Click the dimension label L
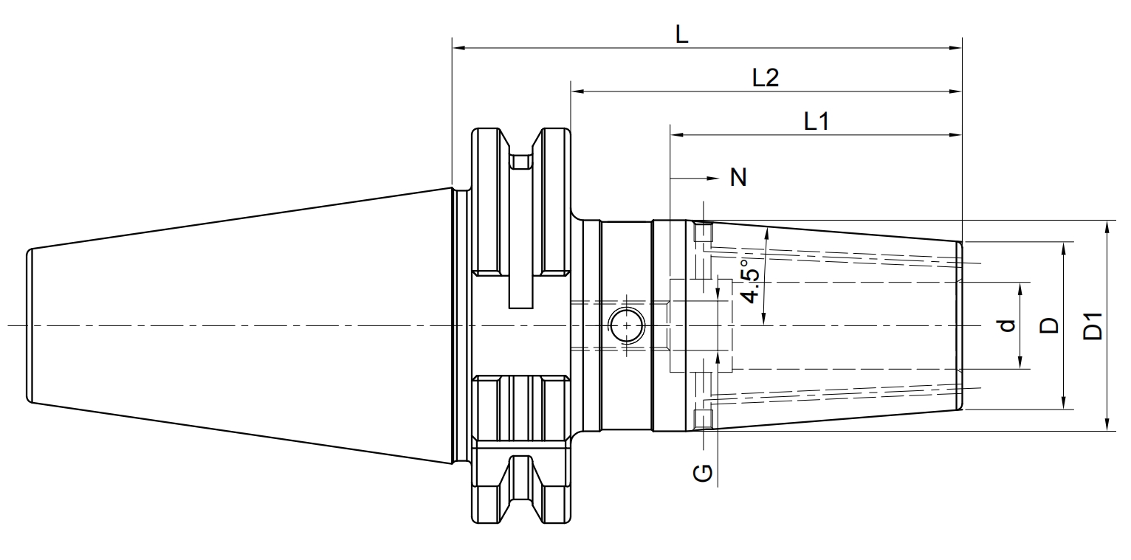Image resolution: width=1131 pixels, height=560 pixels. [x=681, y=35]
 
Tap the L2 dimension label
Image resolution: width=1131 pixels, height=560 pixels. [x=766, y=77]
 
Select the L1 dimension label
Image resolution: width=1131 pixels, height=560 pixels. [x=817, y=122]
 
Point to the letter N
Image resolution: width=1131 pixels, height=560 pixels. [x=738, y=178]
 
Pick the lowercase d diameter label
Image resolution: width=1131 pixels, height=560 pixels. [x=1007, y=325]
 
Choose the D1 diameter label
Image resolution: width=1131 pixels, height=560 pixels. [x=1093, y=326]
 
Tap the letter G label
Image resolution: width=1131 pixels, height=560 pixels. [x=703, y=473]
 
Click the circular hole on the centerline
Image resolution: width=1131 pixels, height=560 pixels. [x=626, y=326]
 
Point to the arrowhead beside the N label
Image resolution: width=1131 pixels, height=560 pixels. [x=712, y=178]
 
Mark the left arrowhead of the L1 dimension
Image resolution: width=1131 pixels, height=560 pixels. [x=677, y=135]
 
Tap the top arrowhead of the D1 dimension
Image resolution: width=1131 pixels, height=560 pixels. [x=1107, y=227]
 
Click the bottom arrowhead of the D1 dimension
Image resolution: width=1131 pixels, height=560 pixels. [x=1107, y=424]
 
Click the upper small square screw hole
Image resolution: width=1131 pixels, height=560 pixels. [x=703, y=232]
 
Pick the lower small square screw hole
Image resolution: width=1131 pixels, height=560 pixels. [x=703, y=419]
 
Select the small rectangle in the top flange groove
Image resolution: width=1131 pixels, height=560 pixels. [x=520, y=162]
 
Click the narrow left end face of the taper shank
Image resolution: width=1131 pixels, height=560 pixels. [x=30, y=326]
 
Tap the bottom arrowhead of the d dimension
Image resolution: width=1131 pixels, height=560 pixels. [x=1020, y=362]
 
